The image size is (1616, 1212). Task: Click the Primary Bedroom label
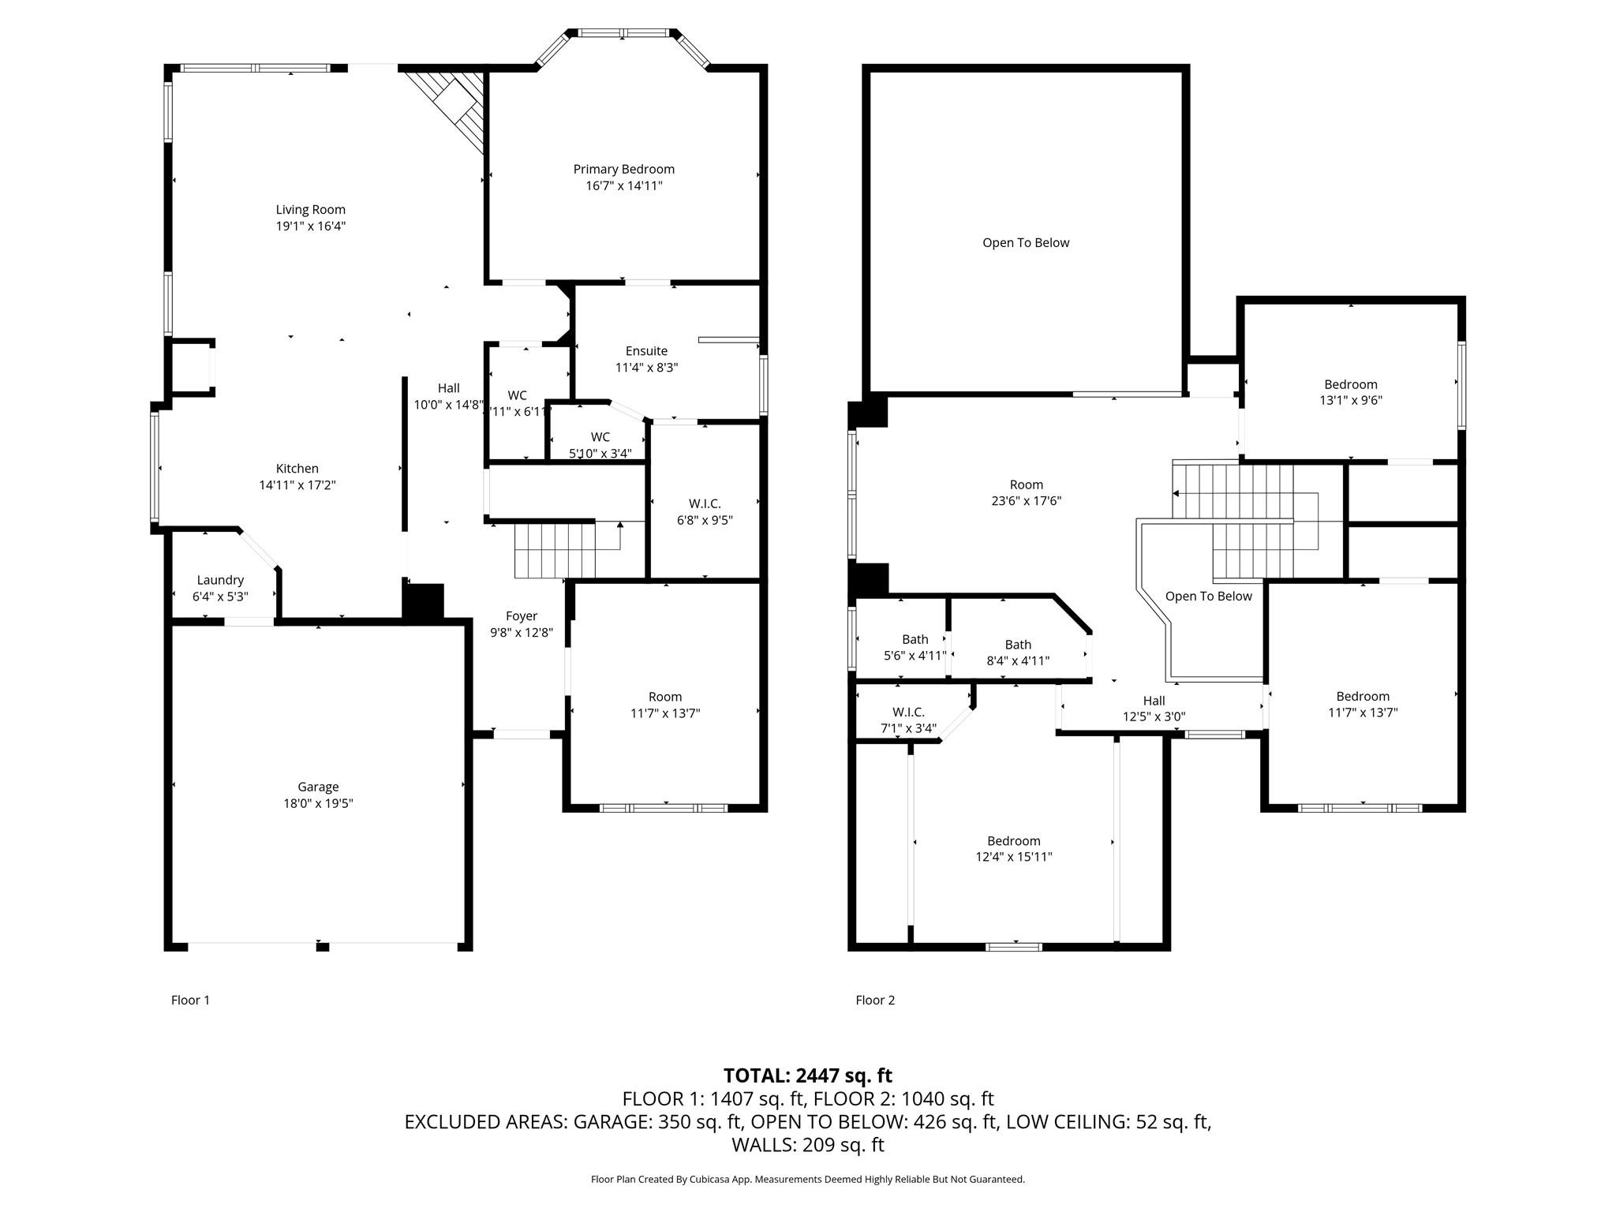pyautogui.click(x=623, y=169)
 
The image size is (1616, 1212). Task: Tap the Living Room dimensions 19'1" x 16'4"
pyautogui.click(x=310, y=226)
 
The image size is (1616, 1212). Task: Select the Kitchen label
pyautogui.click(x=297, y=469)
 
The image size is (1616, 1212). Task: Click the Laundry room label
pyautogui.click(x=220, y=580)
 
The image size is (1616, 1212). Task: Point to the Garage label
pyautogui.click(x=318, y=787)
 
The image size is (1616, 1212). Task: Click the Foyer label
pyautogui.click(x=521, y=616)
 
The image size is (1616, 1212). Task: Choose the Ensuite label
pyautogui.click(x=646, y=351)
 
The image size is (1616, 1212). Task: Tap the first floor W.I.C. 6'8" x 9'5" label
pyautogui.click(x=705, y=511)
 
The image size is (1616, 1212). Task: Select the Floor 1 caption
pyautogui.click(x=190, y=1001)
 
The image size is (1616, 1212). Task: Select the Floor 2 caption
pyautogui.click(x=875, y=1001)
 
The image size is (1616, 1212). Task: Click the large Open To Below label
pyautogui.click(x=1025, y=243)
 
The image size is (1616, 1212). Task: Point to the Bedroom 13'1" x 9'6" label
pyautogui.click(x=1350, y=392)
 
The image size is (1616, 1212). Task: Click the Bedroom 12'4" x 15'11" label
pyautogui.click(x=1013, y=848)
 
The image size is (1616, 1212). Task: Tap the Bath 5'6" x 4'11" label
pyautogui.click(x=915, y=647)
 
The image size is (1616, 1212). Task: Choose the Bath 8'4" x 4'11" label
pyautogui.click(x=1018, y=653)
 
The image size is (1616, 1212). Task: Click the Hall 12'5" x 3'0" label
pyautogui.click(x=1154, y=709)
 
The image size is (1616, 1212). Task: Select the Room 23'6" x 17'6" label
pyautogui.click(x=1026, y=492)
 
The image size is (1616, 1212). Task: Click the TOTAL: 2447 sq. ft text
pyautogui.click(x=807, y=1075)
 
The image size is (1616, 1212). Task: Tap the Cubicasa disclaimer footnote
pyautogui.click(x=807, y=1180)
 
